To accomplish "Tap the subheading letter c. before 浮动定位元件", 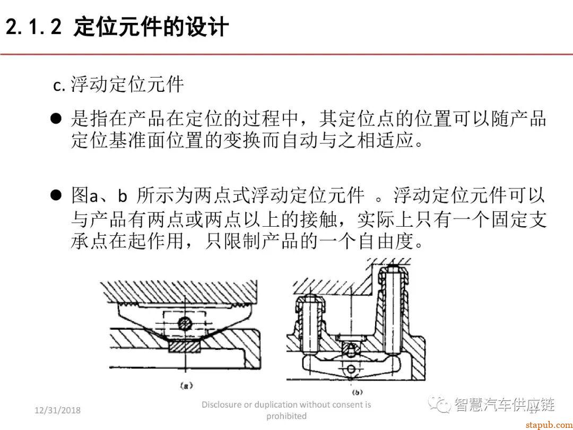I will (x=59, y=85).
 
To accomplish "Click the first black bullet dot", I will (x=56, y=119).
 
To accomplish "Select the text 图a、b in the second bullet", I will (x=99, y=196).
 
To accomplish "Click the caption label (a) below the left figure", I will (x=186, y=387).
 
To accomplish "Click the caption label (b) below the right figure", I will (x=357, y=392).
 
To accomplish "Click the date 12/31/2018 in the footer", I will (x=57, y=410).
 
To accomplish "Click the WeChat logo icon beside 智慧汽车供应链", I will (x=439, y=405).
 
